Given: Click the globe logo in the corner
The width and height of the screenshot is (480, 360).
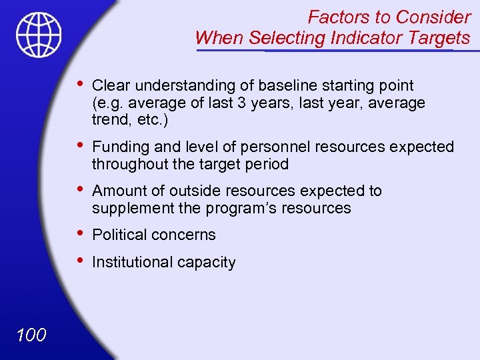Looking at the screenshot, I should click(39, 35).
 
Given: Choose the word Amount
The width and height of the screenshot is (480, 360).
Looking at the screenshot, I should click(117, 191).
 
